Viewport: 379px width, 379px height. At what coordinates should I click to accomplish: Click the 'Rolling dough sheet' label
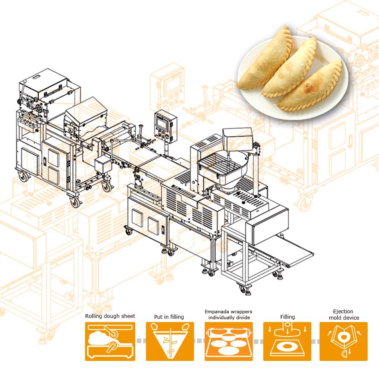click(x=110, y=316)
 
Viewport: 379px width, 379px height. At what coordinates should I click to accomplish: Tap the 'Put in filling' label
click(x=169, y=317)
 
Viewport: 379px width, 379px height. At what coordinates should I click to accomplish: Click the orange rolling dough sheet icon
click(x=110, y=341)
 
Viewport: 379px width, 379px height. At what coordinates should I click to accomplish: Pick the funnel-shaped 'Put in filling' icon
click(x=170, y=341)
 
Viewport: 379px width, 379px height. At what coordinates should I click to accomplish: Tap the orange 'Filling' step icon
click(x=287, y=341)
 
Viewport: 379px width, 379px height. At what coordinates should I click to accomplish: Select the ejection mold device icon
click(x=343, y=341)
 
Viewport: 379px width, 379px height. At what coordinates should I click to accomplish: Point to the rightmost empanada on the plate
click(x=312, y=88)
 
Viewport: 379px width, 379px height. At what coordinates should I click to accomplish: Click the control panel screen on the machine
click(x=163, y=122)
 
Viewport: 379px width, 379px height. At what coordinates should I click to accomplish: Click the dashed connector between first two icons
click(x=141, y=340)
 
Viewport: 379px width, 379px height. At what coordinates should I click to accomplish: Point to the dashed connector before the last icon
click(x=315, y=340)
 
